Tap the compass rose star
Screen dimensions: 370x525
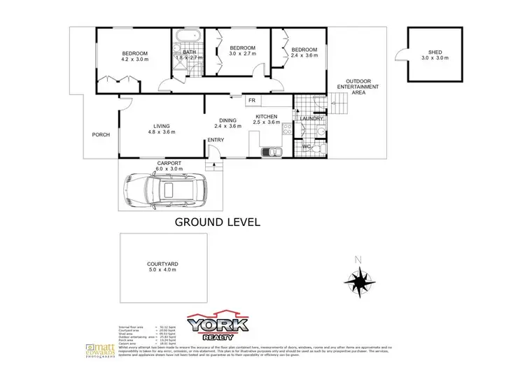click(360, 283)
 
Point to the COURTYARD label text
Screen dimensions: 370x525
click(163, 264)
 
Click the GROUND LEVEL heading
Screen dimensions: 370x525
click(217, 222)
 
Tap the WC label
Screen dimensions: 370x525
click(307, 147)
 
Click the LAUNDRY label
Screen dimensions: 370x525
click(310, 119)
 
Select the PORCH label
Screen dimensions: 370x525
click(101, 135)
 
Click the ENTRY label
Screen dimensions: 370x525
click(216, 141)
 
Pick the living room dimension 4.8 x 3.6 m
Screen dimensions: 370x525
click(159, 132)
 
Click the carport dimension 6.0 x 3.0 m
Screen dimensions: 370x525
click(169, 169)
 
